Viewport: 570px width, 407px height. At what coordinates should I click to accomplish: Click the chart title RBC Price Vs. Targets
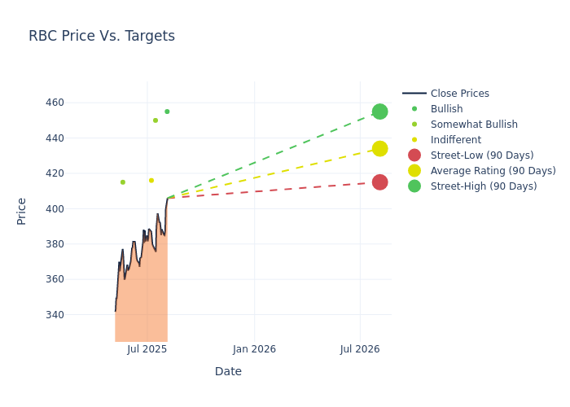(102, 36)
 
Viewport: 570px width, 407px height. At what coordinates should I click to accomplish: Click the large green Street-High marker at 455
(379, 112)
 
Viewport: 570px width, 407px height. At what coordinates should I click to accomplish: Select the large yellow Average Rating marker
(379, 149)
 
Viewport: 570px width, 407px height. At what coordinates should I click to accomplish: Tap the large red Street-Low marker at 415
(379, 182)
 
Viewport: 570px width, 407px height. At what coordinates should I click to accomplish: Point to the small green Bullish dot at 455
(167, 112)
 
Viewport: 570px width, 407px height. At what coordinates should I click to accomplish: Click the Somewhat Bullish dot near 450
(156, 120)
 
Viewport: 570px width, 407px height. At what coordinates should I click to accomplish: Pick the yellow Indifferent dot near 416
(151, 181)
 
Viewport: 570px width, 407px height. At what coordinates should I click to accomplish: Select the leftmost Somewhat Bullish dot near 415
(123, 182)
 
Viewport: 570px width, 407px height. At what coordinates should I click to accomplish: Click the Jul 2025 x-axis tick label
(147, 349)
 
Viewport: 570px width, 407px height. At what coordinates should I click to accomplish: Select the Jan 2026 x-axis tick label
(254, 349)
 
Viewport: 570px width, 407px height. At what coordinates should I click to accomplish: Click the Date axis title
(228, 372)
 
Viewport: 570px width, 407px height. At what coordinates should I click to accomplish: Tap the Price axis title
(22, 211)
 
